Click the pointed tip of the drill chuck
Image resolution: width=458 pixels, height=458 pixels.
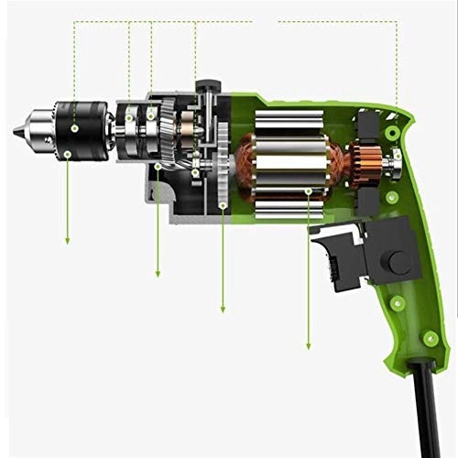(16, 133)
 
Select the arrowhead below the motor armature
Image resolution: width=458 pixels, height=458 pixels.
(308, 345)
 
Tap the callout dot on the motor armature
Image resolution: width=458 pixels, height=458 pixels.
(308, 191)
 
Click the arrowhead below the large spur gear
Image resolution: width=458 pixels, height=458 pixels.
(224, 309)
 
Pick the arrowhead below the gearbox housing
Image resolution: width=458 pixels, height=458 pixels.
(158, 273)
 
